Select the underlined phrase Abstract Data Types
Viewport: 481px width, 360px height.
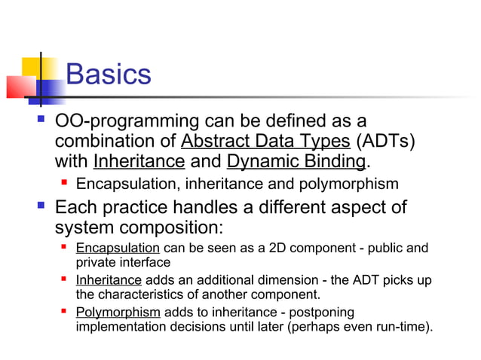[265, 141]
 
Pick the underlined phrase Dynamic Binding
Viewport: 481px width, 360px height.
[296, 161]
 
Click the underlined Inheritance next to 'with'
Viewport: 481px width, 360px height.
[139, 161]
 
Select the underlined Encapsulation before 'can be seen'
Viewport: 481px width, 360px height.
[117, 248]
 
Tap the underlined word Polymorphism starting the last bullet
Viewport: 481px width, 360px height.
[118, 312]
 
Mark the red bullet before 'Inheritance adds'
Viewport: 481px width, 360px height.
[65, 279]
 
